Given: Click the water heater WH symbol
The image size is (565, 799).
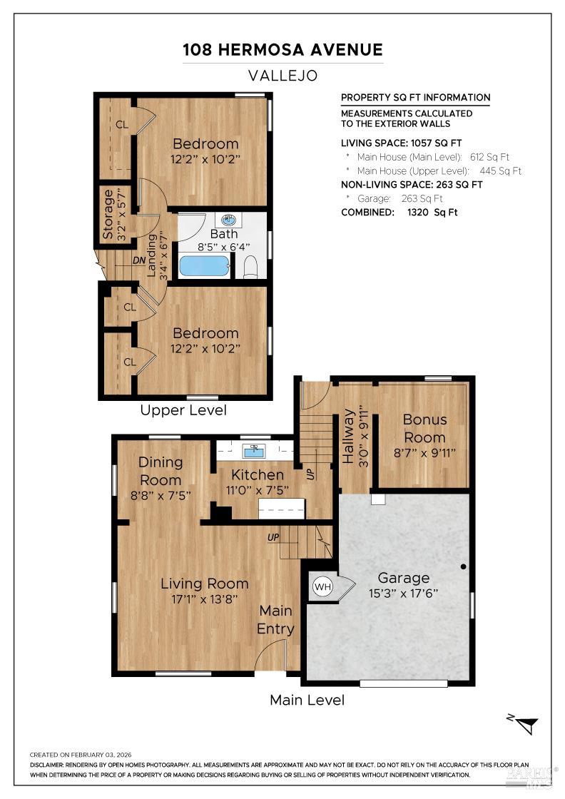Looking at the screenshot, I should [322, 587].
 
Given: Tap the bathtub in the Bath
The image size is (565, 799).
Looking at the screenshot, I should [204, 266].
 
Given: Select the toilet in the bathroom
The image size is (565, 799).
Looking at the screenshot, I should [250, 267].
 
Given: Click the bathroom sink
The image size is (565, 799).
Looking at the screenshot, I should [225, 220].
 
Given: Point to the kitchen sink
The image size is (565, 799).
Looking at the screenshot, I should [253, 450].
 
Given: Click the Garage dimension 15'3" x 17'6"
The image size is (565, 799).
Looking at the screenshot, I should [403, 593].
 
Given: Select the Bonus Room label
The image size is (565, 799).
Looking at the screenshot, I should [424, 428].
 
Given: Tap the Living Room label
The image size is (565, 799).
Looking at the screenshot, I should [204, 584].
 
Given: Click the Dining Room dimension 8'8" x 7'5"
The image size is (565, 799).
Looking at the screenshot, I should [161, 496].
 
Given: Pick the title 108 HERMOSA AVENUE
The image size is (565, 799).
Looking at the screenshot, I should [282, 49].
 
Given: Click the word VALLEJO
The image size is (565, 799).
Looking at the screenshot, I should [282, 75].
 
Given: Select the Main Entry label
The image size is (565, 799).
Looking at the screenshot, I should [275, 619].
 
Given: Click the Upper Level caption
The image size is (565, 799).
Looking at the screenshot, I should [183, 410].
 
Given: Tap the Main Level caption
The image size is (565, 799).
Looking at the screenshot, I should [307, 700].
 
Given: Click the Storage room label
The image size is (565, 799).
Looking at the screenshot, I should [108, 214].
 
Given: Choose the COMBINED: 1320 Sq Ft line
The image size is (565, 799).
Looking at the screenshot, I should [399, 212].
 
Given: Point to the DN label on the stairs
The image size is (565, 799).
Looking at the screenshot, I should [139, 260].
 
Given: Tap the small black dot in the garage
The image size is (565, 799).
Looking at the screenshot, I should [463, 566].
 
